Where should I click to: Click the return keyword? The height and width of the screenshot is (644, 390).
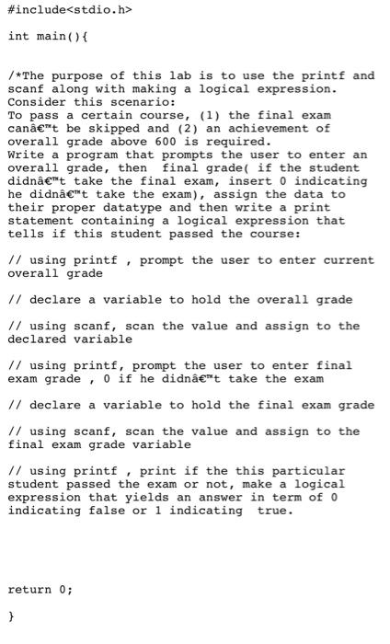(30, 589)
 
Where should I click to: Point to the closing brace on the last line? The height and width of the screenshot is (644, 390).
(11, 615)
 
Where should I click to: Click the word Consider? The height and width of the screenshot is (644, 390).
(38, 102)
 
